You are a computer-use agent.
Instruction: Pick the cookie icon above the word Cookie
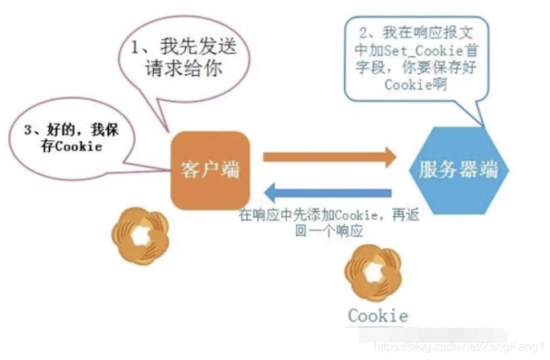pyautogui.click(x=376, y=273)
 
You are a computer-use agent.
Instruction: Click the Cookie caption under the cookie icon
pyautogui.click(x=377, y=316)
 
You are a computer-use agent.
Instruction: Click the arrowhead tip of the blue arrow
pyautogui.click(x=266, y=192)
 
